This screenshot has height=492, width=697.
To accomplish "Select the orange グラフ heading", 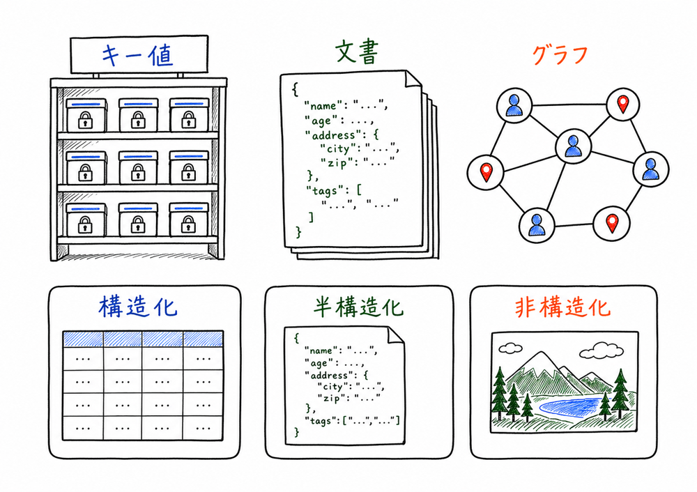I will click(560, 54).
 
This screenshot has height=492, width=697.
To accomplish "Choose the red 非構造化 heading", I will click(562, 307).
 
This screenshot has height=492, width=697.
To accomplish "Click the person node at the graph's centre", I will click(573, 146).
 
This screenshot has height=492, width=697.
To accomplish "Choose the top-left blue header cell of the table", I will click(83, 339).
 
